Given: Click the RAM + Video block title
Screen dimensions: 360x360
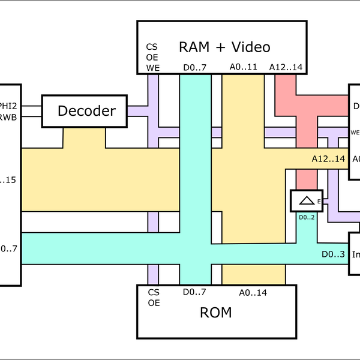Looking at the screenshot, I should (225, 47).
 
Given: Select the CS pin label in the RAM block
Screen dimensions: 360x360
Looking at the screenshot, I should (152, 47).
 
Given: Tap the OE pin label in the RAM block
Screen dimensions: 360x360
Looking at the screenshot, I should (152, 57).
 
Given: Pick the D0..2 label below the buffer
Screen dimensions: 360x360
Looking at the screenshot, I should (307, 217).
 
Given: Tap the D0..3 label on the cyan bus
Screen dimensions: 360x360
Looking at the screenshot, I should (332, 254).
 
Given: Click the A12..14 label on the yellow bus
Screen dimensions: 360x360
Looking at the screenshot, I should (328, 159).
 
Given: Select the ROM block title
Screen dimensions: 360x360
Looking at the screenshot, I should (217, 313).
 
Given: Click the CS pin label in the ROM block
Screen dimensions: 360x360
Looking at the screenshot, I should (154, 293).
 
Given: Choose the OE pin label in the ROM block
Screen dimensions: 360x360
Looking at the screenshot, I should (154, 303).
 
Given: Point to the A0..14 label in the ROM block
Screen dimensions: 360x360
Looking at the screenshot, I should (253, 293).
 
